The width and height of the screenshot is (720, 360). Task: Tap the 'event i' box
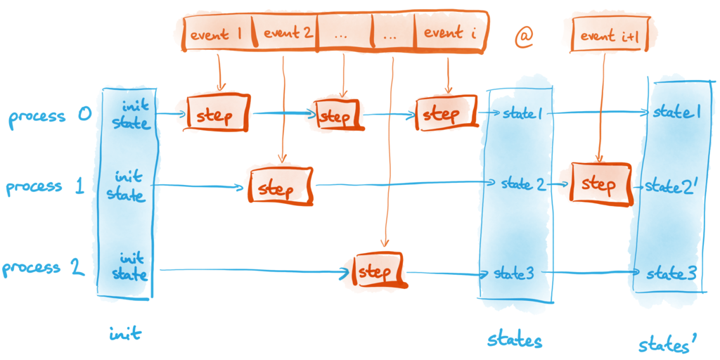[450, 33]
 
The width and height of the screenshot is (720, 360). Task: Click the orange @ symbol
[523, 39]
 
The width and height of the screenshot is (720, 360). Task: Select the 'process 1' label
[45, 187]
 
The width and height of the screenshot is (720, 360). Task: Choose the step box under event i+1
[600, 184]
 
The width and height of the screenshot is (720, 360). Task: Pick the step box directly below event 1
[218, 113]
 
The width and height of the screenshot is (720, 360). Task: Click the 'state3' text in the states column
[514, 274]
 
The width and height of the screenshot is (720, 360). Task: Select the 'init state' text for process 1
[127, 186]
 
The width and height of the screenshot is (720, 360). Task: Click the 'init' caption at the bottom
[124, 334]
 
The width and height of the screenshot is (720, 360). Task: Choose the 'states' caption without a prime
[515, 341]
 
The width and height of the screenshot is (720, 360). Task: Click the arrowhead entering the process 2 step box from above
[385, 243]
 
